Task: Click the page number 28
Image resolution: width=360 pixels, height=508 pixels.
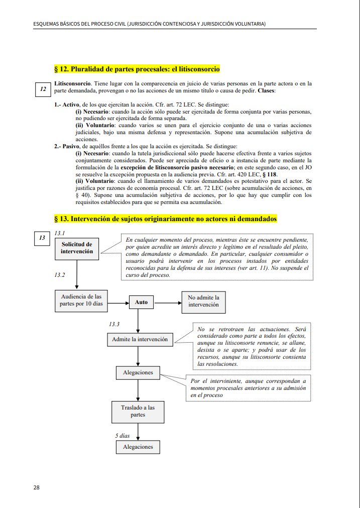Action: click(x=37, y=487)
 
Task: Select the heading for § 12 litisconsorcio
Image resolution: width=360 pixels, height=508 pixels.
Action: click(x=137, y=69)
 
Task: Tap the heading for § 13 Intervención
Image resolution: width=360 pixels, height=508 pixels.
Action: click(x=165, y=219)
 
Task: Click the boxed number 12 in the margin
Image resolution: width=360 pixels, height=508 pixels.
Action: click(x=43, y=89)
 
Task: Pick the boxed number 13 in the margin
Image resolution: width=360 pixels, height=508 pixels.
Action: click(x=42, y=238)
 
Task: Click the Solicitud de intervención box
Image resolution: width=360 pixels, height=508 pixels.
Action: click(x=77, y=248)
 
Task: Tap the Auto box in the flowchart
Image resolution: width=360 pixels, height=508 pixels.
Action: click(x=142, y=302)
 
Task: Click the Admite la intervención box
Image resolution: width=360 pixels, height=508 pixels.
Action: click(x=140, y=340)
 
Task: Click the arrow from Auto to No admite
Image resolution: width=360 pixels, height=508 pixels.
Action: click(x=168, y=303)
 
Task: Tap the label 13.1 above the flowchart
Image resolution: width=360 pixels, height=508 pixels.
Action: click(x=60, y=233)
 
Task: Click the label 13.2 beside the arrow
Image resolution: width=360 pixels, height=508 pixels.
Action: click(x=60, y=275)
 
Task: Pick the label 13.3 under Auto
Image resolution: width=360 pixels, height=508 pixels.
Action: click(x=114, y=324)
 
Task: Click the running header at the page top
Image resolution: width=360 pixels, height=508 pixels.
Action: click(x=146, y=24)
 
